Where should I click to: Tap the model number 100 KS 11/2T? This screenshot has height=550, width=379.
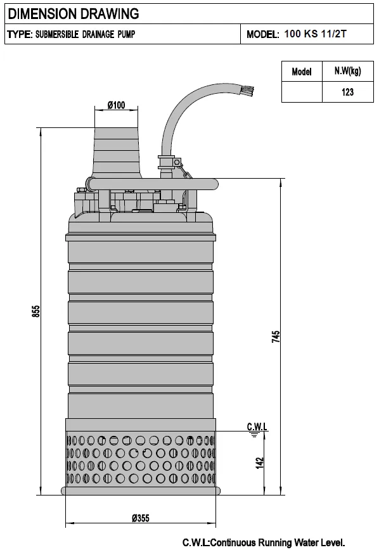(x=316, y=35)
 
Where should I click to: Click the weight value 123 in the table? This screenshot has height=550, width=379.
(x=347, y=92)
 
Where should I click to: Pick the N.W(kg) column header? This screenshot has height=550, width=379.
(x=347, y=71)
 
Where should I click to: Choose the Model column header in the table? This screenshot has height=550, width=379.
(x=302, y=72)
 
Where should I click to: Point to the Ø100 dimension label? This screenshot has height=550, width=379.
(x=116, y=105)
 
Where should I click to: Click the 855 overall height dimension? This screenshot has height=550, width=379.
(x=36, y=312)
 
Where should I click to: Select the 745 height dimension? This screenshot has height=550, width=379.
(x=275, y=336)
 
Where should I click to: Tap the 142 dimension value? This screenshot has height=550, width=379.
(x=259, y=463)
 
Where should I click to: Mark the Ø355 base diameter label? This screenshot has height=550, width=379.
(x=141, y=518)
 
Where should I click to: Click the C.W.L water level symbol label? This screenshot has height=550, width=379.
(x=256, y=428)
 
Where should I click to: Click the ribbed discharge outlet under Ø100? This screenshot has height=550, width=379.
(x=117, y=152)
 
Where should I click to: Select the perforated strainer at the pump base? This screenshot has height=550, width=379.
(x=140, y=459)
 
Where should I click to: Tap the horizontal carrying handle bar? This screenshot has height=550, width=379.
(x=152, y=184)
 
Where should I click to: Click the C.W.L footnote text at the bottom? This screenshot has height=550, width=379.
(x=263, y=542)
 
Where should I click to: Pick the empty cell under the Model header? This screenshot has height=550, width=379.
(x=302, y=92)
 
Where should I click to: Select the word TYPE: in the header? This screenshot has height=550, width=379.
(x=19, y=35)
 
